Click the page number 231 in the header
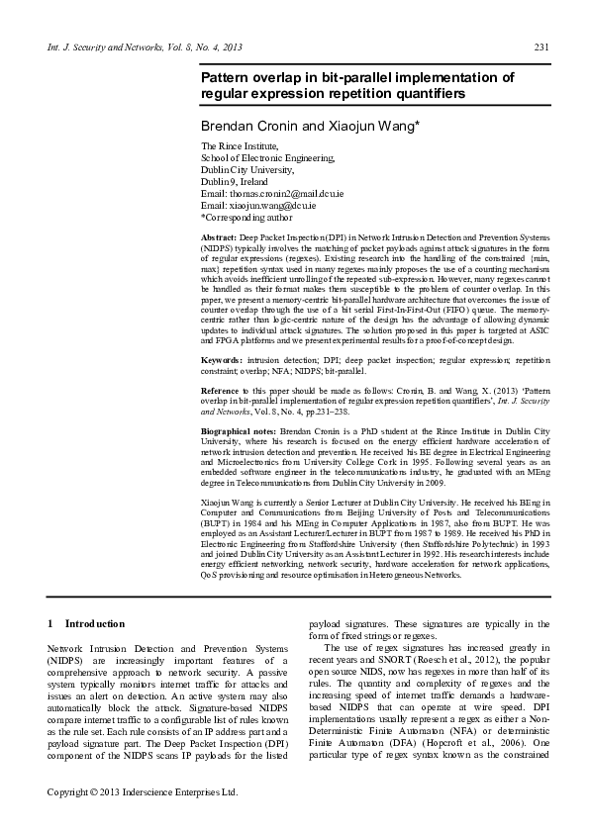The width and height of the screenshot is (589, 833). click(x=541, y=47)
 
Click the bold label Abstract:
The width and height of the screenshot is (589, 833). click(x=218, y=239)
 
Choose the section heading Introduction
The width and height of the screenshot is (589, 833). click(x=94, y=623)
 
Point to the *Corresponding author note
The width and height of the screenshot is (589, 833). click(x=246, y=216)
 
